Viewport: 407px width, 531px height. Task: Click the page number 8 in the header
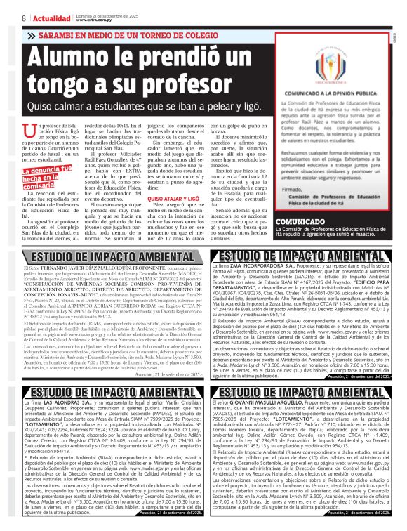(x=7, y=17)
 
